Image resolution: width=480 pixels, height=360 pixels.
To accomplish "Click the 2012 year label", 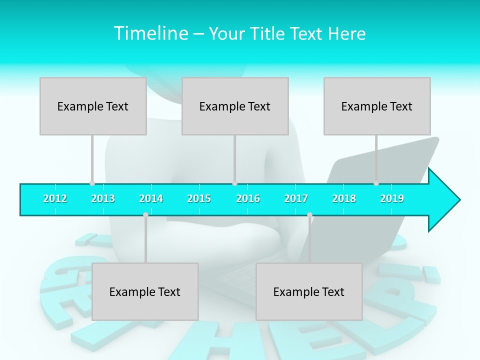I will (x=55, y=198).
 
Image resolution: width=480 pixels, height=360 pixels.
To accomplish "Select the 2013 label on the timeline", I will (x=103, y=198).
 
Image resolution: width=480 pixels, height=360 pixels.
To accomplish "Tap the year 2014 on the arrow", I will (x=151, y=198).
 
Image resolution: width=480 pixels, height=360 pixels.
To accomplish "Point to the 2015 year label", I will (x=199, y=198).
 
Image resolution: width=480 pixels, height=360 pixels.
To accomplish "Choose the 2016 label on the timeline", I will (x=248, y=198).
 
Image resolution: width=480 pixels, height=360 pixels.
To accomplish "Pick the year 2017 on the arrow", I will (x=296, y=198).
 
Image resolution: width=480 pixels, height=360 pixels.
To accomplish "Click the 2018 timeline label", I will (x=344, y=198).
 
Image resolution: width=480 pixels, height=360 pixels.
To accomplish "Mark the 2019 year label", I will (x=392, y=198).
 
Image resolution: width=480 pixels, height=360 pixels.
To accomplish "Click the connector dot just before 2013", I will (x=92, y=183).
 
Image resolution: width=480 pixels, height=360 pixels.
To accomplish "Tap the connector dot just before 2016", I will (x=234, y=183).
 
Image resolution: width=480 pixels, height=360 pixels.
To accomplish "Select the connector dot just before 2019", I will (x=376, y=183).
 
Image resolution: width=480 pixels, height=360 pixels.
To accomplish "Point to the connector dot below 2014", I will (x=145, y=215).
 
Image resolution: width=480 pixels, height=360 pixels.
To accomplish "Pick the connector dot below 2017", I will (x=309, y=215).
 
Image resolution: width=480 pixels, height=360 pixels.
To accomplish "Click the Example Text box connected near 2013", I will (x=93, y=106).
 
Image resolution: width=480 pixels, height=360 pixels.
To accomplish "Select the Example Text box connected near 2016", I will (x=235, y=106).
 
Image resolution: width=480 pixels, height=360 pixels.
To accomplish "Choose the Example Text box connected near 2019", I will (x=377, y=106).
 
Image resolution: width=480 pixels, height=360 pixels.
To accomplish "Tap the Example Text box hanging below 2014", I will (x=145, y=291).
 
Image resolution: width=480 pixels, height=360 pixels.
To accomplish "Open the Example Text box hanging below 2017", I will (x=309, y=291).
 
